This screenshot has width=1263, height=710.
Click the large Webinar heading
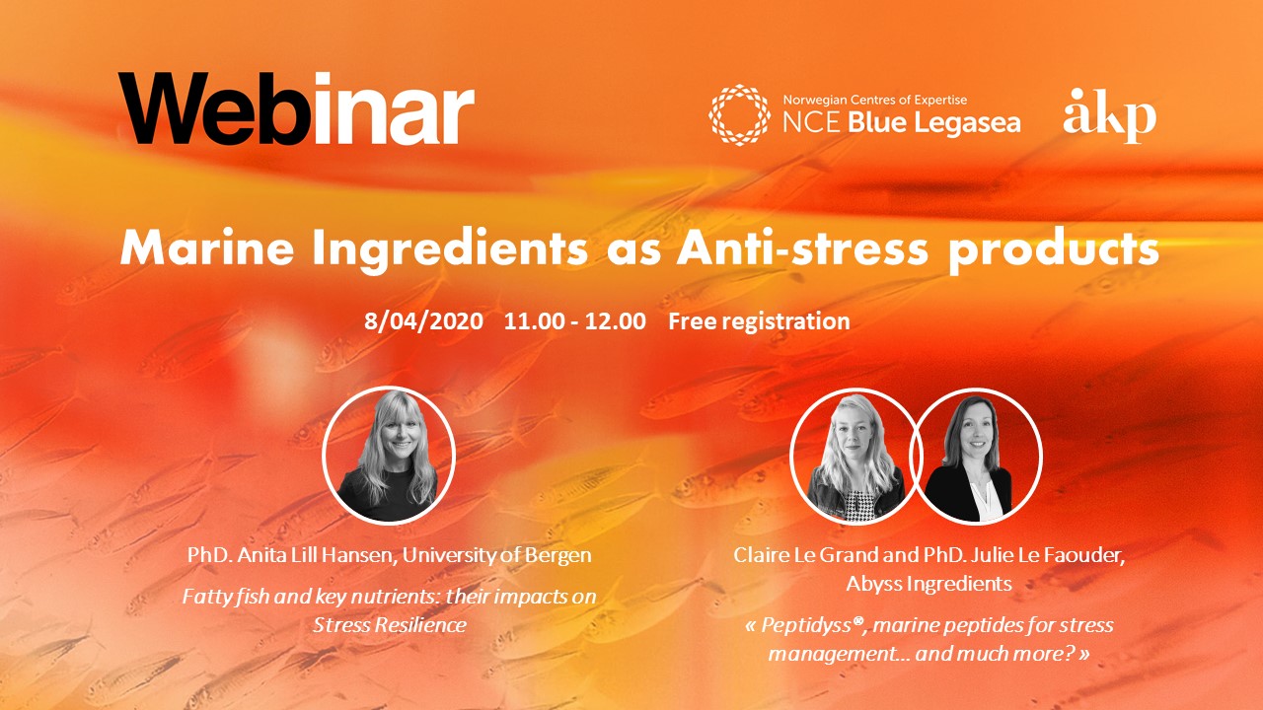[x=296, y=108]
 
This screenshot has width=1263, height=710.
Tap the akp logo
[x=1109, y=115]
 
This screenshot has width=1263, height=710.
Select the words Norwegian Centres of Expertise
[x=874, y=100]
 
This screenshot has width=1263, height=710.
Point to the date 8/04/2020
[x=424, y=321]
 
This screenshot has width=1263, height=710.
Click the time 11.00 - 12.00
[x=575, y=321]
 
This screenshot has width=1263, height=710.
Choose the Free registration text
[x=759, y=321]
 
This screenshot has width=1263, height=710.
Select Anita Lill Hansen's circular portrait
[x=389, y=454]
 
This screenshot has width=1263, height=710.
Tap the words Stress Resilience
[x=390, y=624]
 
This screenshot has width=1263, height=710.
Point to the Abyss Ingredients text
[x=929, y=584]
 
